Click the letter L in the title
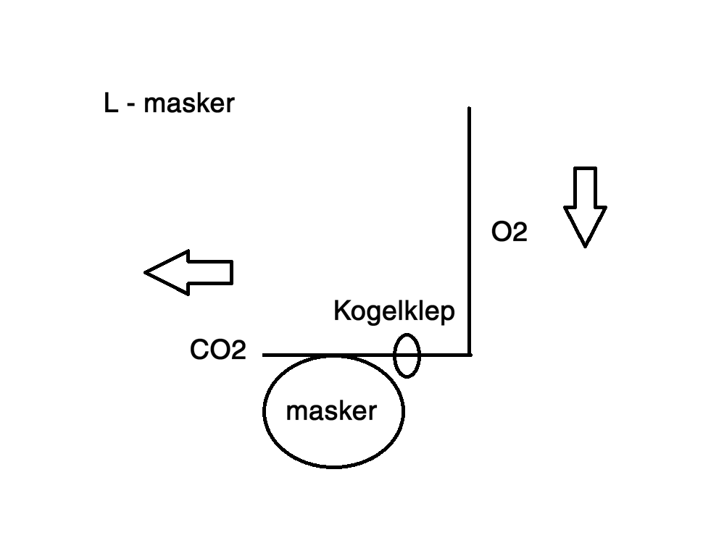[111, 104]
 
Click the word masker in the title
[188, 104]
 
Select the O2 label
[509, 232]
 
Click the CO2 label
[217, 350]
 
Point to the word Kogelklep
[394, 311]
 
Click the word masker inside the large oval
[331, 411]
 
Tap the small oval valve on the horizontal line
[407, 355]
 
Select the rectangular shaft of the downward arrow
[585, 188]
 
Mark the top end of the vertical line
[469, 109]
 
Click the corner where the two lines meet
[469, 355]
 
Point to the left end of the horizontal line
[265, 355]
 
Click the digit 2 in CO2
[238, 350]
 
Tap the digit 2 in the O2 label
[519, 232]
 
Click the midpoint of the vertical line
[469, 232]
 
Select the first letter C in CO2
[199, 350]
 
